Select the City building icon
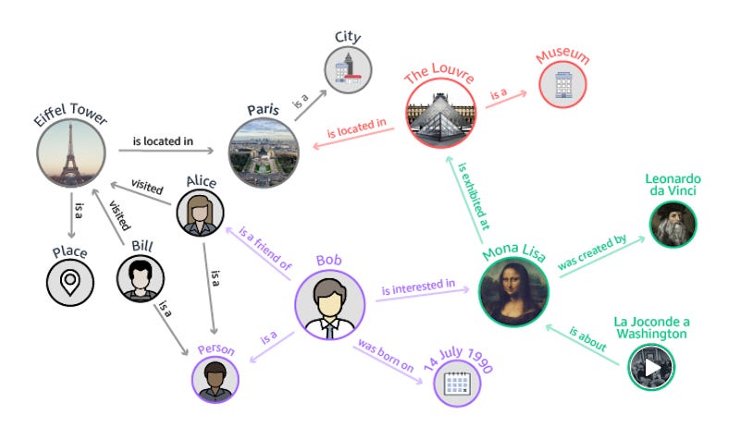coord(347,68)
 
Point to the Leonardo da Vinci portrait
coord(671,223)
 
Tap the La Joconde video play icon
coord(652,366)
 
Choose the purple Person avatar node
coord(216,378)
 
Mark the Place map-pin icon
coord(71,282)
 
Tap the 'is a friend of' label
coord(265,247)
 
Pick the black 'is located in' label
coord(163,141)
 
